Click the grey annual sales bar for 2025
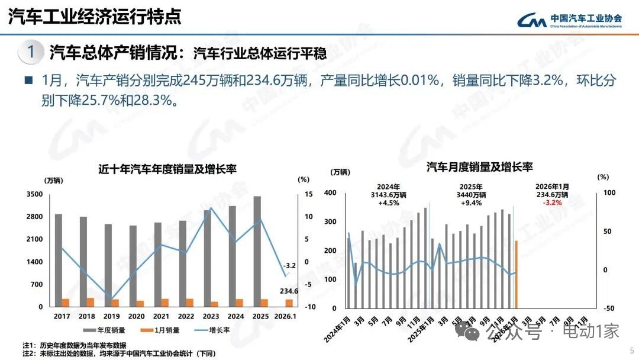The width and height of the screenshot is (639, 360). [257, 249]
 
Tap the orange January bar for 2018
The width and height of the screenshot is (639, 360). [90, 302]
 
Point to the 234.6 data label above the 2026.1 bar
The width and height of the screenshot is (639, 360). [289, 291]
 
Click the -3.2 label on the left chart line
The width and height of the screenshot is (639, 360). [289, 265]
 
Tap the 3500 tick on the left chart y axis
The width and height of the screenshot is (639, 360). [34, 194]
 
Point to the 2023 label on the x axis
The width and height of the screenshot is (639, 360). [211, 317]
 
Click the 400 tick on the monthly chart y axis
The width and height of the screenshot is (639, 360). [330, 193]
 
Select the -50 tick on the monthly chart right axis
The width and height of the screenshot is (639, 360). [606, 308]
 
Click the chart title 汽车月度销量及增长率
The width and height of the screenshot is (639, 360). [479, 168]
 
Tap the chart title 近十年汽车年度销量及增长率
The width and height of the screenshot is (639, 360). [167, 169]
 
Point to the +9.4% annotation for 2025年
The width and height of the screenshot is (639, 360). [471, 202]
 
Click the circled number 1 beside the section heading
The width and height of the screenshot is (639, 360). [31, 52]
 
